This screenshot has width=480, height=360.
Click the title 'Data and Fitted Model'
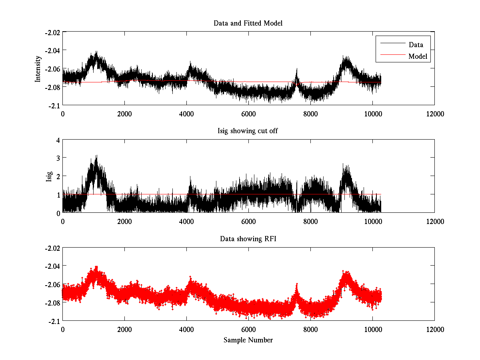[248, 23]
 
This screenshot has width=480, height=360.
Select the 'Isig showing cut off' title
[248, 131]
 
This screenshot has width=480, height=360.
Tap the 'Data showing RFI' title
[248, 239]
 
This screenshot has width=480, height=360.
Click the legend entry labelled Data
[416, 45]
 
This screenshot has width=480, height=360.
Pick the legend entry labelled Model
[418, 56]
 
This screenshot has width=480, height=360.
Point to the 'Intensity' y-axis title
[38, 68]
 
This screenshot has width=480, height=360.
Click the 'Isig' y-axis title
[49, 176]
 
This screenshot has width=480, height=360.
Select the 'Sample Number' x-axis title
[248, 340]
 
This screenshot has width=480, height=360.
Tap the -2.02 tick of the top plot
[52, 32]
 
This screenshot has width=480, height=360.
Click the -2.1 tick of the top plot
[55, 105]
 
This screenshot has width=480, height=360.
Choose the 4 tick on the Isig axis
[58, 140]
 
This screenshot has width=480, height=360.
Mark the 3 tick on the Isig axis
[58, 158]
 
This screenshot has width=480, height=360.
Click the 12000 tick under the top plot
[434, 114]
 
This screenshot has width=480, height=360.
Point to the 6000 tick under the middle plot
[248, 221]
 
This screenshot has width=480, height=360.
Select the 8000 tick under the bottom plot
[310, 329]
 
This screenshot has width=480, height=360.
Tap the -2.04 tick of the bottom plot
[52, 266]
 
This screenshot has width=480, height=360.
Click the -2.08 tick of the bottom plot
[52, 302]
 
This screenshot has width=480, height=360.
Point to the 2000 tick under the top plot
[124, 114]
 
